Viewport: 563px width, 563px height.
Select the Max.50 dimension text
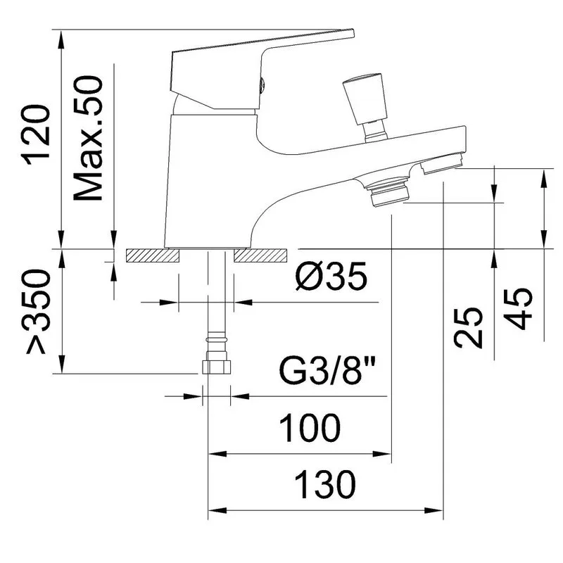click(x=89, y=138)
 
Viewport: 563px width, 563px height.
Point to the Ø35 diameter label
click(x=331, y=276)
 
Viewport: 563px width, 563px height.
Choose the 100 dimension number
click(x=309, y=428)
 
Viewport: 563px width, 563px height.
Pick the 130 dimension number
click(x=325, y=485)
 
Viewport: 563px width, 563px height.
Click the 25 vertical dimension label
click(x=468, y=327)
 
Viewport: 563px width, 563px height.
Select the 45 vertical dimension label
click(x=517, y=309)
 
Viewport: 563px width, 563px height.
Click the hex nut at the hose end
click(x=217, y=367)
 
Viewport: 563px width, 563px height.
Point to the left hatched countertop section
click(x=152, y=255)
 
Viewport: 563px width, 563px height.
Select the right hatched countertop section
click(x=261, y=255)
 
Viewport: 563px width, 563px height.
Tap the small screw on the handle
click(x=262, y=85)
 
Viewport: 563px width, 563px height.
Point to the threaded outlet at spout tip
click(x=442, y=164)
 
